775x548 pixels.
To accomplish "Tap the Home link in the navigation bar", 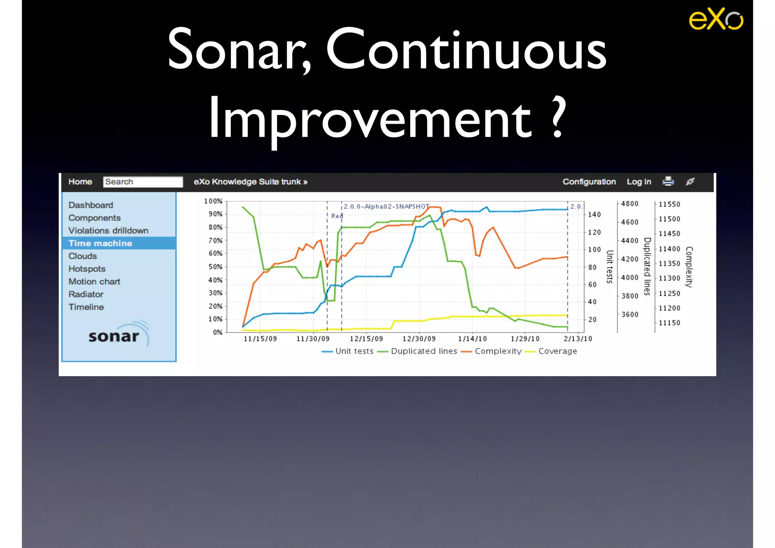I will coord(80,182).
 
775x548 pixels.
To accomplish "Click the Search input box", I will coord(143,182).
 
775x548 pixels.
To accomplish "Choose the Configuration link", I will coord(589,182).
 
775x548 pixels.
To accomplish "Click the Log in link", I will coord(639,182).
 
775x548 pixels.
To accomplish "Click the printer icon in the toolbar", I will coord(668,181).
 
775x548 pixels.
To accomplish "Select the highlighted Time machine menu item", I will coord(100,243).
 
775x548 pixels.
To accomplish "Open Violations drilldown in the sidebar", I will coord(108,230).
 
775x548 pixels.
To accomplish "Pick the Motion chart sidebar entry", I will coord(94,282).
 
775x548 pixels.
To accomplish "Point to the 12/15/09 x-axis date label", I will coord(366,339).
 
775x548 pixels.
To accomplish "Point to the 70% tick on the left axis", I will coord(215,241).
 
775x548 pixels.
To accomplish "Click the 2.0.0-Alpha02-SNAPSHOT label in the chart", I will coord(386,207).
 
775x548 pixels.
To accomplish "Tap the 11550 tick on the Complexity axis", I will coord(669,204).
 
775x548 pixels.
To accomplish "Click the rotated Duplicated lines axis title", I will coord(647,266).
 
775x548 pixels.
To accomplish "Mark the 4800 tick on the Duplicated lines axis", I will coord(629,204).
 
